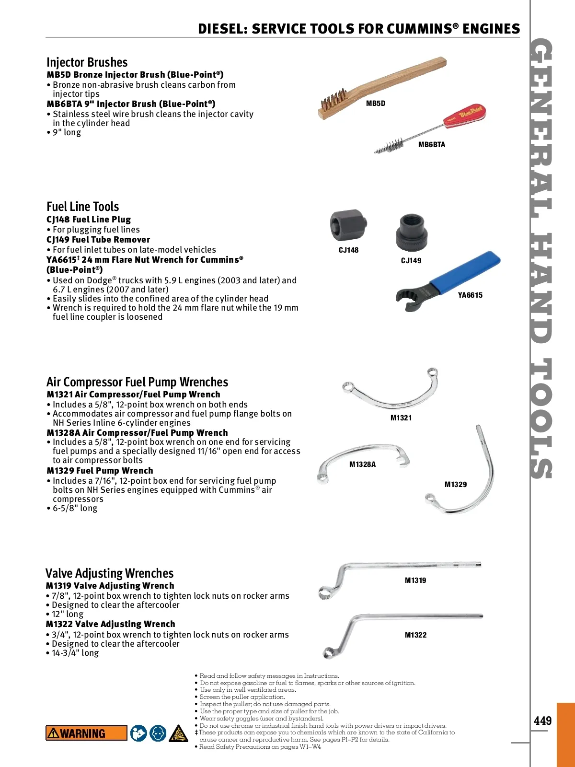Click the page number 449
[542, 721]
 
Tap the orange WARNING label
[86, 733]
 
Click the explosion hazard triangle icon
[178, 733]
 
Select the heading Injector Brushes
[87, 62]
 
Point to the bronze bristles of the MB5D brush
[331, 103]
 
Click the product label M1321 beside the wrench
[401, 418]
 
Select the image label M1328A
[362, 464]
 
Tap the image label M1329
[455, 484]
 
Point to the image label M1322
[415, 635]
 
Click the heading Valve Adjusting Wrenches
[109, 573]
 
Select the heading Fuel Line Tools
[82, 207]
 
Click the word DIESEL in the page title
[222, 29]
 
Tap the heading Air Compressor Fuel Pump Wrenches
[137, 382]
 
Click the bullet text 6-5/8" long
[75, 508]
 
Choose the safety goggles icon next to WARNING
[158, 733]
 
